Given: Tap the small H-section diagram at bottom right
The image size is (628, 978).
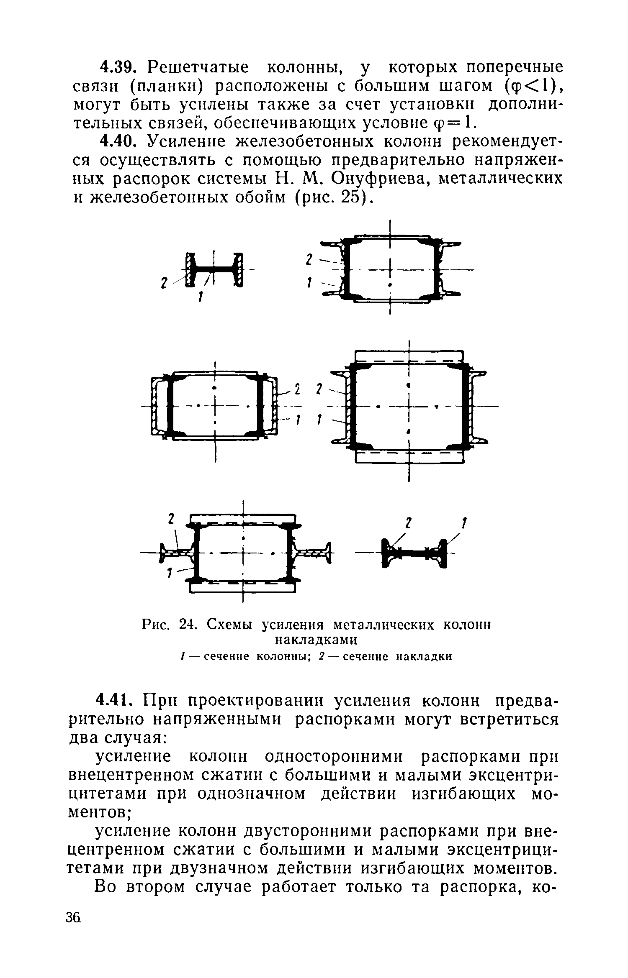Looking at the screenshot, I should click(414, 553).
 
